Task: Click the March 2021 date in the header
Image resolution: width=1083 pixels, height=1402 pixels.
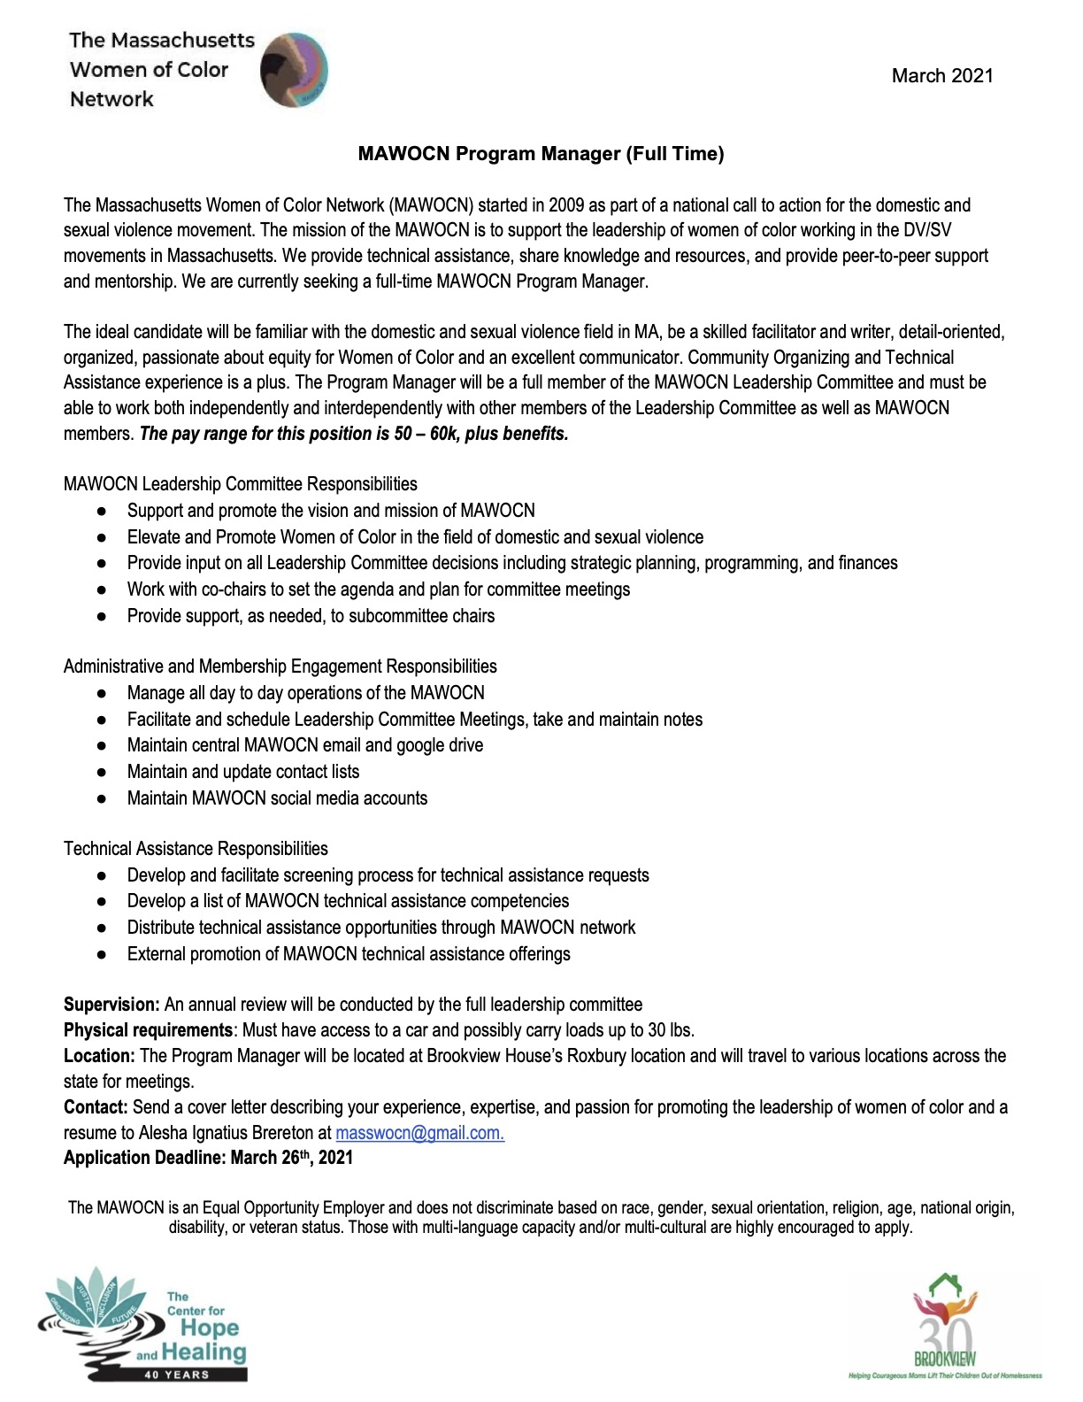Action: [x=941, y=76]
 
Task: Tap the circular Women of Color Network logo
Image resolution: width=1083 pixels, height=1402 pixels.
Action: [x=294, y=71]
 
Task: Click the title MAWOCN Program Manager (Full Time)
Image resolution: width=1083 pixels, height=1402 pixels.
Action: [x=541, y=154]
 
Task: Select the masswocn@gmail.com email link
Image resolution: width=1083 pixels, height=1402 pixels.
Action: [x=419, y=1132]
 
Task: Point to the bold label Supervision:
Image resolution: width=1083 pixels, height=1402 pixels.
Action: [x=111, y=1005]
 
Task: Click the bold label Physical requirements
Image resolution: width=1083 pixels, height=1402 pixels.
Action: [x=148, y=1030]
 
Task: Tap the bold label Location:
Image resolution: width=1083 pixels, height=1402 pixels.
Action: [x=99, y=1056]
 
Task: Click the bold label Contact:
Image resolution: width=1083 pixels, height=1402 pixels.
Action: [x=96, y=1107]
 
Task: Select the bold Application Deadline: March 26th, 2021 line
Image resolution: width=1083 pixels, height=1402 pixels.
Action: [x=208, y=1158]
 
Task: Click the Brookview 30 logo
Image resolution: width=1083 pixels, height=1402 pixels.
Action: [x=945, y=1327]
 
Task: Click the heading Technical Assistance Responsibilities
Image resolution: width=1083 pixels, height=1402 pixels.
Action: [x=196, y=849]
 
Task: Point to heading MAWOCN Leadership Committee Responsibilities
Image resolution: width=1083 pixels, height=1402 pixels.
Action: [x=240, y=484]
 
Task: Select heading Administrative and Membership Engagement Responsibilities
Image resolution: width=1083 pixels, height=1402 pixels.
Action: [x=280, y=666]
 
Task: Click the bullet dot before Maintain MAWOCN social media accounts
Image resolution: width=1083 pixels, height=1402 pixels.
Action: [x=103, y=798]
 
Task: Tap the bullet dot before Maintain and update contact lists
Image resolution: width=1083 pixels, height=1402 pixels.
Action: [x=103, y=772]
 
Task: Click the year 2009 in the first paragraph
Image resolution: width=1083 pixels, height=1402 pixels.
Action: [x=565, y=205]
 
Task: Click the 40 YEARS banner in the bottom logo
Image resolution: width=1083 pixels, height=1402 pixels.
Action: [x=176, y=1375]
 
